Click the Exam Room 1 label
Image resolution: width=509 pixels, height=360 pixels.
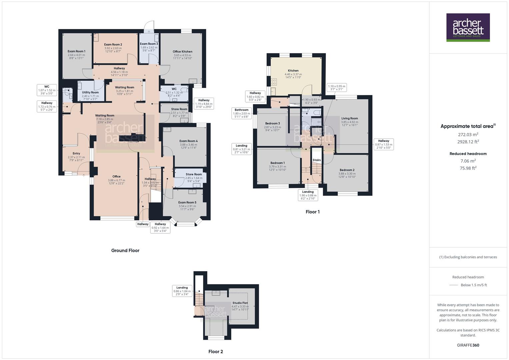(76, 51)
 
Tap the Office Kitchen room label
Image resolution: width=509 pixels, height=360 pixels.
(182, 52)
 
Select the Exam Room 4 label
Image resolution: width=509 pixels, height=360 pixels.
(188, 141)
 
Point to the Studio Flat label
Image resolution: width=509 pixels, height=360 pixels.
(240, 303)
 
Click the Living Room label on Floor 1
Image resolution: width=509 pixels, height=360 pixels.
(349, 118)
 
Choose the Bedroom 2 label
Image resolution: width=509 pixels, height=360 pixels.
(347, 170)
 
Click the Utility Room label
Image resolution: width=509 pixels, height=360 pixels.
(90, 92)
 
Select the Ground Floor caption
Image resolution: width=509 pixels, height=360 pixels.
(125, 250)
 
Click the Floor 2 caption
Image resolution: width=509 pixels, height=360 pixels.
(216, 351)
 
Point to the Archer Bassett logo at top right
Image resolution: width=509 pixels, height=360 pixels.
(468, 27)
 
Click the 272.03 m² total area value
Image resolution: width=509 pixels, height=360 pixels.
(468, 135)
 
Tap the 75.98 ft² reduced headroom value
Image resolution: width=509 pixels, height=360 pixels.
(468, 168)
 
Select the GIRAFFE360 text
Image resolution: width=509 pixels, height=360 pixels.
(468, 345)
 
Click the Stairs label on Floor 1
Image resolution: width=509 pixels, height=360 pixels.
(317, 160)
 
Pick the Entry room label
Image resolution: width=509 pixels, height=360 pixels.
(76, 153)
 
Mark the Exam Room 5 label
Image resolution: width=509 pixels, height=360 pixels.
(187, 202)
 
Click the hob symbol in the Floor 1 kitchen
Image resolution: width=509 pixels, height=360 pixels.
(274, 82)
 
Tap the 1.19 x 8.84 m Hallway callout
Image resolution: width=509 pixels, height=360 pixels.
(204, 104)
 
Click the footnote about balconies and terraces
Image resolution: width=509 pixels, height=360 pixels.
(468, 257)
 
